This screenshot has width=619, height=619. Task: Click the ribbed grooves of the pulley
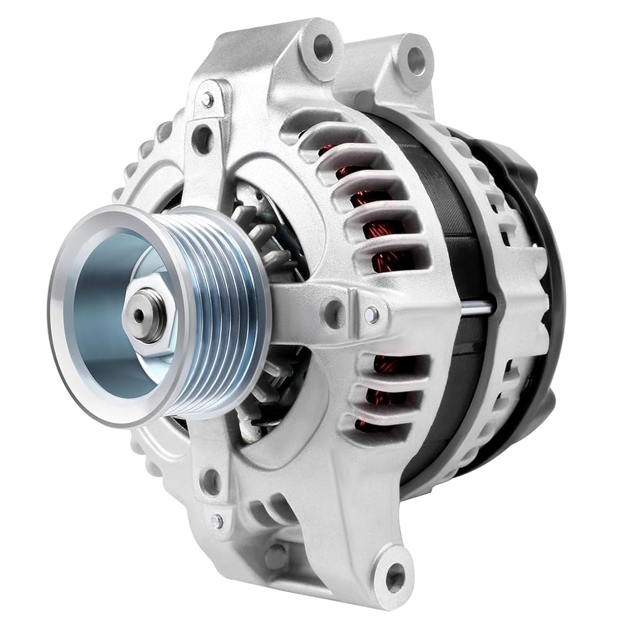coord(223,309)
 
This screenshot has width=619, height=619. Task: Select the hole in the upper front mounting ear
coord(323,46)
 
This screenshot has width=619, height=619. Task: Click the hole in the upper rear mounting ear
coord(416,60)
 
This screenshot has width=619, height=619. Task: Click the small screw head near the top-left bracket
coord(208,100)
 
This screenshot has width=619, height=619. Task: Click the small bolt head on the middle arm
coord(371,314)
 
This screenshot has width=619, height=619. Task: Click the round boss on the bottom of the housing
coord(276,556)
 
